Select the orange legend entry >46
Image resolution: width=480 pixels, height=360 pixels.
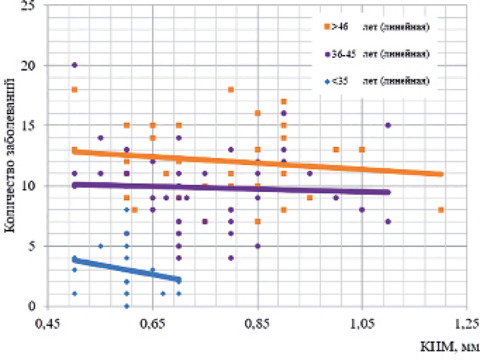tap(337, 28)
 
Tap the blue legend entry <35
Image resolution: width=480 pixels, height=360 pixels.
tap(337, 82)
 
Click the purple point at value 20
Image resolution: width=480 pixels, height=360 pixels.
tap(75, 65)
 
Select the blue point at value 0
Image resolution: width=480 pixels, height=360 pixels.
tap(127, 306)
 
